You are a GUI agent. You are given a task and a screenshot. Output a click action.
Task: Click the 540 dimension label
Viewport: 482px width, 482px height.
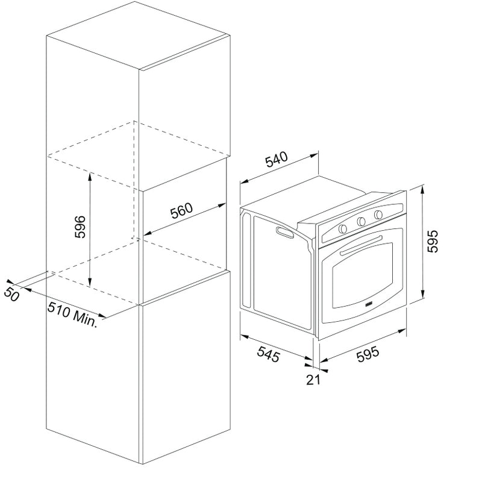click(277, 159)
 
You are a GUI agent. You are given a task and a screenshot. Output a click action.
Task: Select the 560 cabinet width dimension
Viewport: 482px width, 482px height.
click(182, 210)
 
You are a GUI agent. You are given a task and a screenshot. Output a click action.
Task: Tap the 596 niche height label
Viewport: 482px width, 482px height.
click(80, 227)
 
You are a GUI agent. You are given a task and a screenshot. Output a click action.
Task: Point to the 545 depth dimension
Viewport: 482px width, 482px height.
click(268, 354)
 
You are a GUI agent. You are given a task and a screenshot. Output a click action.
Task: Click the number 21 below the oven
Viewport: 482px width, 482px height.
click(313, 380)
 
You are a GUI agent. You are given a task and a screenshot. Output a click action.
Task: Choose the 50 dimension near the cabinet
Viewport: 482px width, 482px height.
click(11, 295)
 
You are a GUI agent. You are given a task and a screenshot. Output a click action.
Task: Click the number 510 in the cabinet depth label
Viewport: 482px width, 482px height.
click(58, 310)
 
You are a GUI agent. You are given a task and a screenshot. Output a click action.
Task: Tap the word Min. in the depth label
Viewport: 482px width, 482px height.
click(85, 319)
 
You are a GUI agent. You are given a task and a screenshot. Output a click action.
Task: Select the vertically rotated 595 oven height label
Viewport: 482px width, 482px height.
click(433, 242)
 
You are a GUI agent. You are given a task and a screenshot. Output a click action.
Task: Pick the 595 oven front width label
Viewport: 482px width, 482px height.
click(368, 354)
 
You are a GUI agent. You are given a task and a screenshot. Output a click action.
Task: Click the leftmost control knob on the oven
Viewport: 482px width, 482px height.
click(343, 228)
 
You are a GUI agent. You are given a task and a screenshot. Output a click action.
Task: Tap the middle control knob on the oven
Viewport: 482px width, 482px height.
click(361, 221)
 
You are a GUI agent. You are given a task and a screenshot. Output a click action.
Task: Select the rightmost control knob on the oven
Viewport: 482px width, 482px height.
click(378, 214)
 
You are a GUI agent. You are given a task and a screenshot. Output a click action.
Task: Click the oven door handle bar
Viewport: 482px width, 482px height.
click(361, 245)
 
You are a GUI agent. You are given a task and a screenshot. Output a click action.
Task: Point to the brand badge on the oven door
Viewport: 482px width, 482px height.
click(369, 304)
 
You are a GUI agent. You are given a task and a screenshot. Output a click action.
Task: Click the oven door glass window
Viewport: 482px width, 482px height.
click(363, 276)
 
